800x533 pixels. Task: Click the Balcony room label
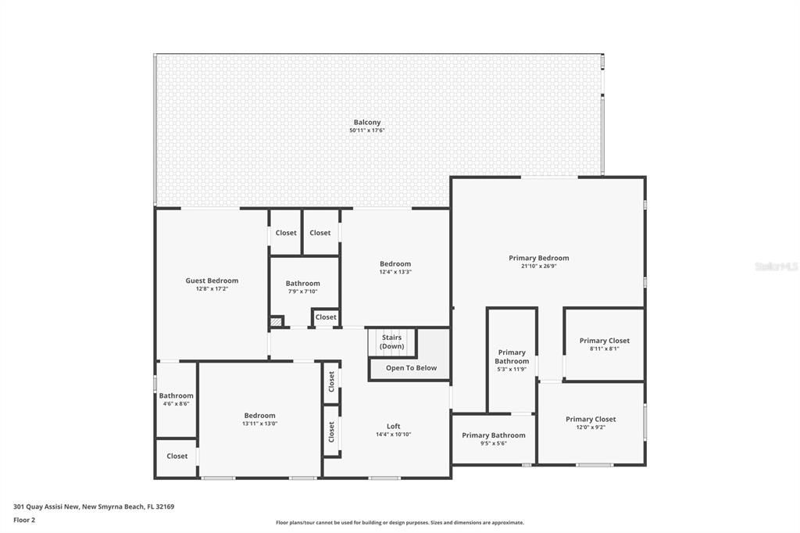click(367, 123)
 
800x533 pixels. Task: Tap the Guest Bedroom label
click(212, 281)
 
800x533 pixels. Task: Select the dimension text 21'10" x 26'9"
click(539, 266)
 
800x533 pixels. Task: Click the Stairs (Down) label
click(392, 342)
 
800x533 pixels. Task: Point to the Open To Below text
click(411, 368)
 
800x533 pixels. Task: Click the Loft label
click(393, 427)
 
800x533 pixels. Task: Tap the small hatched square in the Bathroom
click(276, 321)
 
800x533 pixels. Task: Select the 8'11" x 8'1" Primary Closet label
click(604, 341)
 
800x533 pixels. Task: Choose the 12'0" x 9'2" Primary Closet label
click(591, 420)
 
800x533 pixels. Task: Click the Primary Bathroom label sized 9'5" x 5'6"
click(493, 435)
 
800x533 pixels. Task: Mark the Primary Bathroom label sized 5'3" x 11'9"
click(512, 357)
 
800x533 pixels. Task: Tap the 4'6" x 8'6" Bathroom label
click(176, 396)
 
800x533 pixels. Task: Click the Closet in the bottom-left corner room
click(177, 456)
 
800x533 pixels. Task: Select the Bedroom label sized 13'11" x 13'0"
click(259, 416)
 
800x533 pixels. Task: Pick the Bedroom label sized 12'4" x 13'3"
click(395, 264)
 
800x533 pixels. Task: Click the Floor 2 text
click(24, 519)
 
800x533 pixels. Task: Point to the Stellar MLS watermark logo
click(776, 266)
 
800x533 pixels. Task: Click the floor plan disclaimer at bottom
click(399, 523)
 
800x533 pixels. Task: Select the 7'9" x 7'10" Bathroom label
click(302, 284)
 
